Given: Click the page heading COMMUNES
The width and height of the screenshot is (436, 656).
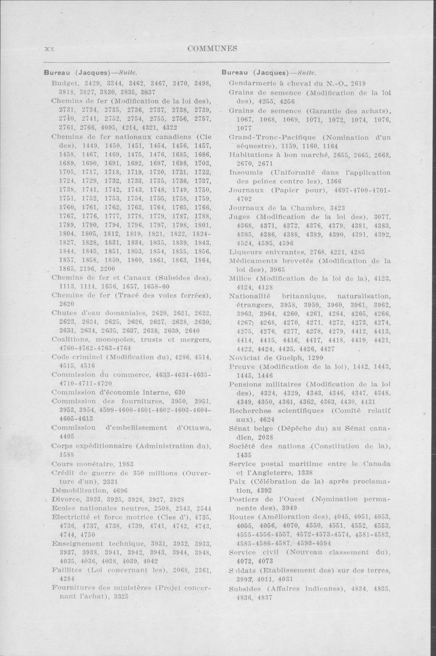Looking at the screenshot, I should pyautogui.click(x=212, y=49).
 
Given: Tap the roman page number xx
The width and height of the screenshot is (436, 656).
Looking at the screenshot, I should pyautogui.click(x=49, y=49).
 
